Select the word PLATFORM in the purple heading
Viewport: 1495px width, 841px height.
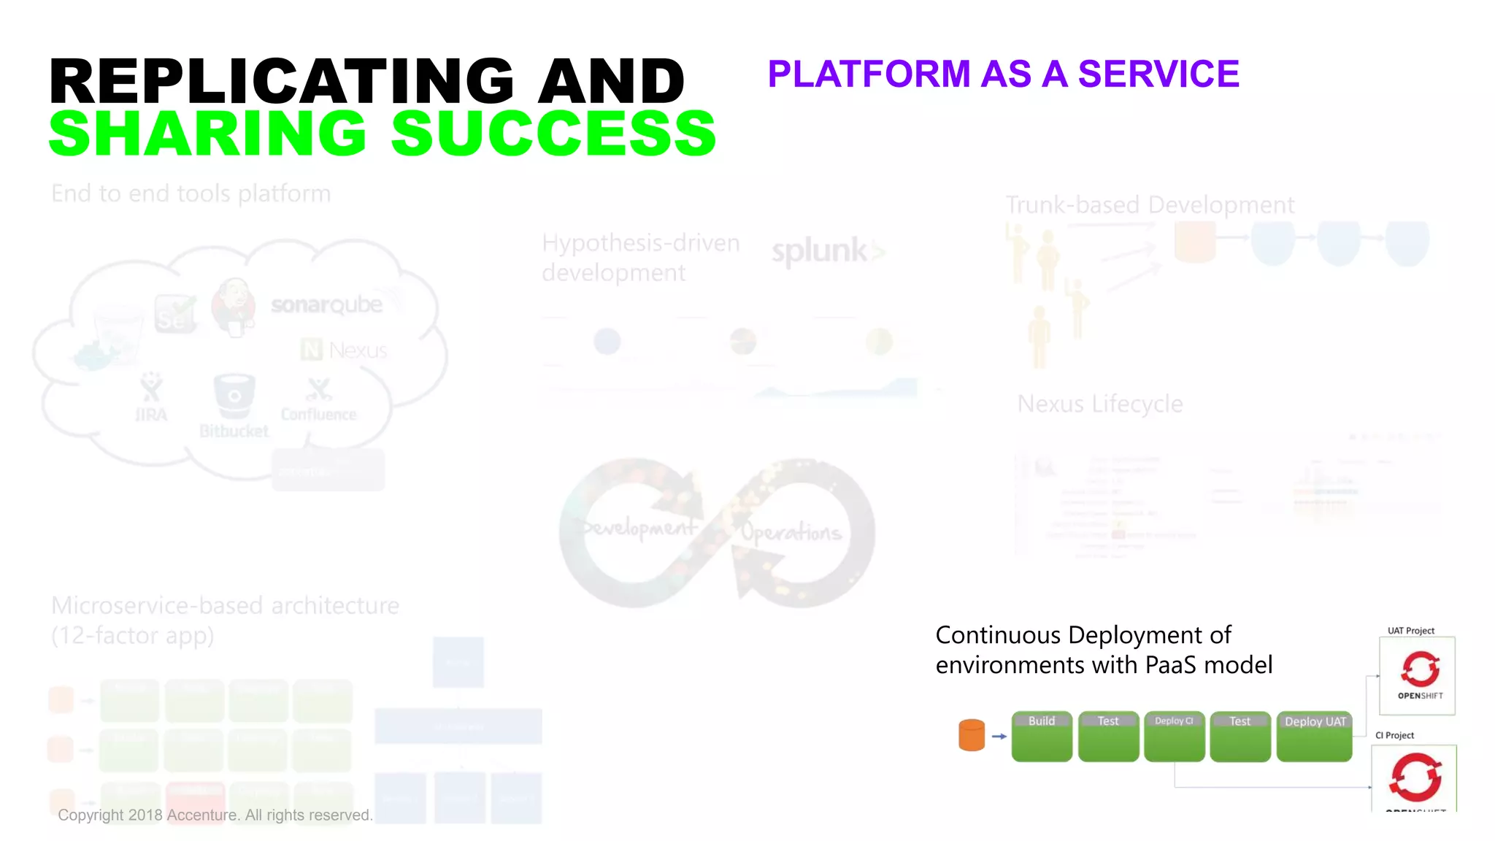869,74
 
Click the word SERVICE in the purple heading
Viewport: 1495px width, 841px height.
1158,74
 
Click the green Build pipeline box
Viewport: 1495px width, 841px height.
1042,737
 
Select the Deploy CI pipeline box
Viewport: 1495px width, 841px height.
1174,737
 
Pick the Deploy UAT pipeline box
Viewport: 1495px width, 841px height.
1314,737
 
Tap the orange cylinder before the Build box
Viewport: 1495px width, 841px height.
972,734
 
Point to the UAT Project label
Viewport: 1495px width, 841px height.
1410,631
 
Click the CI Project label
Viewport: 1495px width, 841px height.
1394,735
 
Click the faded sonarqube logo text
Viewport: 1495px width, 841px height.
327,304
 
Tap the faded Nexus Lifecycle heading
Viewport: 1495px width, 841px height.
1100,404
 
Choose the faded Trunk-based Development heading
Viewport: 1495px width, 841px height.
1150,205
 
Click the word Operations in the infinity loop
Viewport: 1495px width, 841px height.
791,532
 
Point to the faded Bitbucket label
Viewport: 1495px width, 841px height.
234,431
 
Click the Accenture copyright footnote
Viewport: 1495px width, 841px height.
215,815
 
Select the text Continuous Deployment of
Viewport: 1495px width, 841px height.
1083,635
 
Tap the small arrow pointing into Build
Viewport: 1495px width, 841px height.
999,736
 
